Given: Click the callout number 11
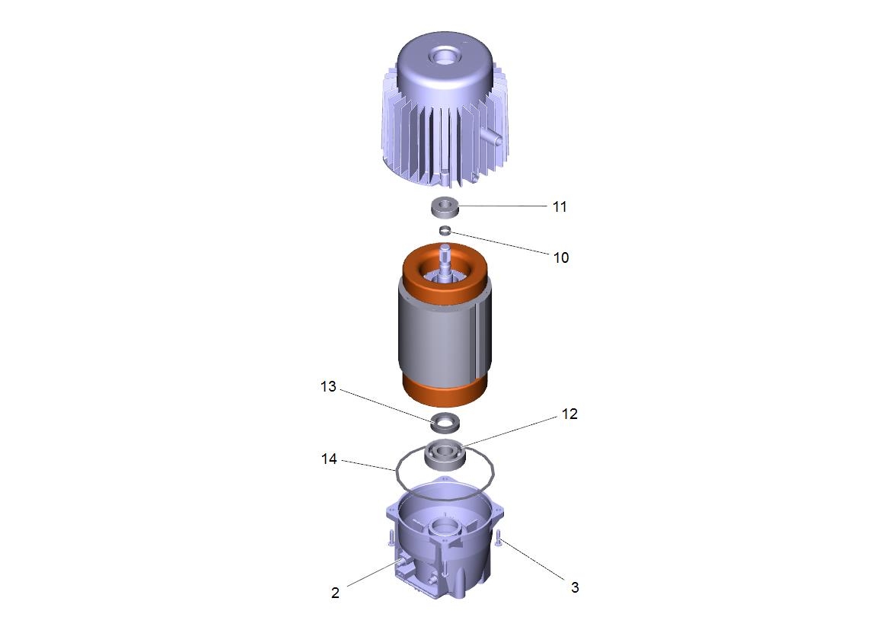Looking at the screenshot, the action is (560, 206).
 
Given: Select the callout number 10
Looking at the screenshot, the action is (561, 258).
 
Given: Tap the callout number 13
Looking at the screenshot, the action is (329, 387).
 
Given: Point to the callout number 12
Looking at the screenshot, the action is (569, 414).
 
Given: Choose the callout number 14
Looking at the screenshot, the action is (329, 459).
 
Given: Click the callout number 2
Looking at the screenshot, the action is (335, 593).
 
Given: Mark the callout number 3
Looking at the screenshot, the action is (574, 587).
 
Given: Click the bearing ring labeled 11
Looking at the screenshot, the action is (444, 206).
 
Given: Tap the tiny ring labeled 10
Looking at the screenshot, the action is (445, 230).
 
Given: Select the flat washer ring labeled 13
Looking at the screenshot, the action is (445, 421).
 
